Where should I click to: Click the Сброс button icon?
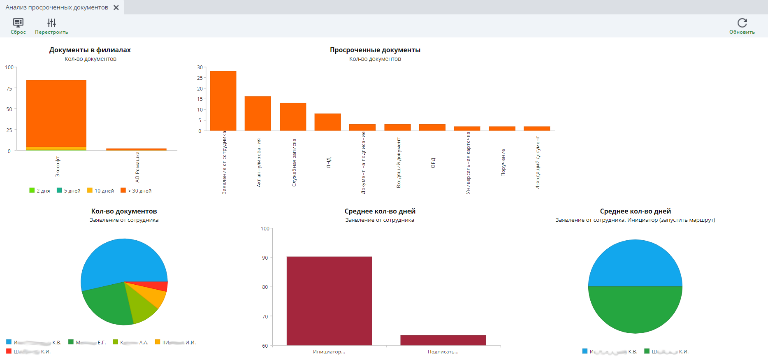[x=18, y=23]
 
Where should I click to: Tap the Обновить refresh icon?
[x=742, y=23]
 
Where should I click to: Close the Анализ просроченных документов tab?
[x=116, y=7]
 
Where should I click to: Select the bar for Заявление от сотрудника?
[x=223, y=101]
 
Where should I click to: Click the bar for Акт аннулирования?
[x=258, y=114]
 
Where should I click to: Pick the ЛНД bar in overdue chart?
[x=327, y=122]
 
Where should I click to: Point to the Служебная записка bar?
[x=292, y=117]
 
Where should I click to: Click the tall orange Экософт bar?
[x=56, y=113]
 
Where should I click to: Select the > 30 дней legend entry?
[x=136, y=190]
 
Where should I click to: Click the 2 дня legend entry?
[x=40, y=190]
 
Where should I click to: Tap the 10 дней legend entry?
[x=101, y=190]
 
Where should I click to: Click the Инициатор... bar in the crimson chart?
[x=329, y=301]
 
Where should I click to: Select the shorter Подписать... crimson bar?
[x=443, y=340]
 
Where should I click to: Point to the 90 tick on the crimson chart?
[x=265, y=258]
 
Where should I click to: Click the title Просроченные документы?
[x=375, y=50]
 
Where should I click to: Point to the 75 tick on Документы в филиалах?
[x=9, y=88]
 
